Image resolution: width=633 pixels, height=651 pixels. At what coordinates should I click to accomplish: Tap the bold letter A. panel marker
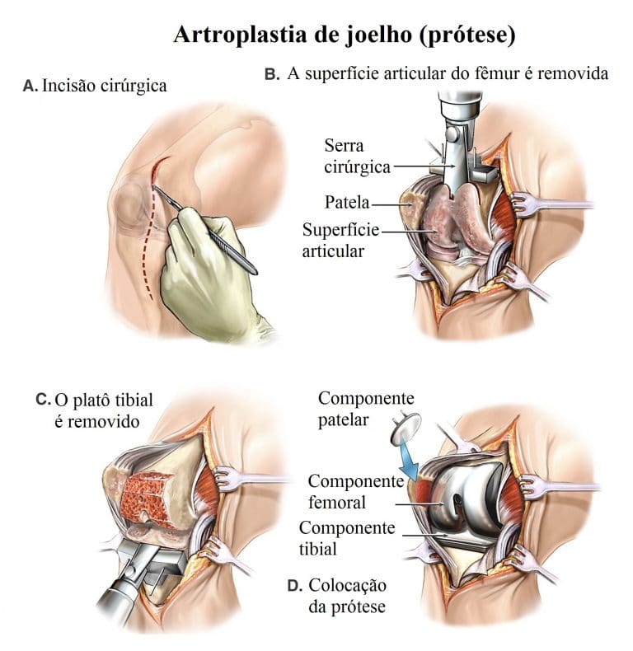click(30, 86)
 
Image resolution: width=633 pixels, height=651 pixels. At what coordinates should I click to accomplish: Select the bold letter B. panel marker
click(272, 74)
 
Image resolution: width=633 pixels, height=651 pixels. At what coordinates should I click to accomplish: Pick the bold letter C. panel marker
click(43, 400)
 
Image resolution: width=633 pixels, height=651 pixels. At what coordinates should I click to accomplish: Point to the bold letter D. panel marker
click(294, 586)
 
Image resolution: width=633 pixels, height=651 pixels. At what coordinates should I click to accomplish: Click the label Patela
click(347, 202)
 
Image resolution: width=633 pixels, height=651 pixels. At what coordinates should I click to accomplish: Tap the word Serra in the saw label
click(344, 146)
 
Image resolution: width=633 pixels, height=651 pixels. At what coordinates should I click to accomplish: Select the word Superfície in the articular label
click(340, 231)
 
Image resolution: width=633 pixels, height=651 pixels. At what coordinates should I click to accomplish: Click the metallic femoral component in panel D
click(465, 498)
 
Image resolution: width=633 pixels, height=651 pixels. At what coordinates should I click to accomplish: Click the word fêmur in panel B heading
click(496, 74)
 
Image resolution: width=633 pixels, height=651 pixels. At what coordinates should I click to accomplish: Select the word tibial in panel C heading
click(134, 400)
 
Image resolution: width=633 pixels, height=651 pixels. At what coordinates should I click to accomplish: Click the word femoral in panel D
click(337, 503)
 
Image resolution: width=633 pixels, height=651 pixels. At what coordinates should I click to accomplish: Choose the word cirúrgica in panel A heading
click(134, 86)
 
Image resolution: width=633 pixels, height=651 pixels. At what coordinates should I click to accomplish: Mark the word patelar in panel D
click(344, 420)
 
